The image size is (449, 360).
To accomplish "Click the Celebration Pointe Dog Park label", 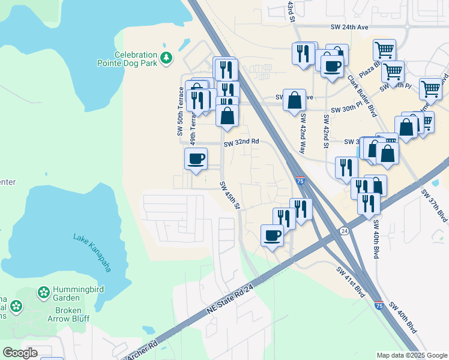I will [128, 58].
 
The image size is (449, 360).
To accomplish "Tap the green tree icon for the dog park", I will [166, 58].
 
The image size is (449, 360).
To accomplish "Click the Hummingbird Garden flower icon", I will [43, 293].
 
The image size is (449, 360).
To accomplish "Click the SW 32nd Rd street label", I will [241, 142].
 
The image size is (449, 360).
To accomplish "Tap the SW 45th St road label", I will [230, 196].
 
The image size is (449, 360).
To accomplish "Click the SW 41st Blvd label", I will [351, 282].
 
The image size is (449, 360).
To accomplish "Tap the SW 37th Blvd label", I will [434, 205].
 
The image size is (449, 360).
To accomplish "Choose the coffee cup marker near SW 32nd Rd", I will [196, 159].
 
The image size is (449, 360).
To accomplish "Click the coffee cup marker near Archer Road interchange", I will [272, 235].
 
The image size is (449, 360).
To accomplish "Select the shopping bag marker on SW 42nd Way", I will [295, 100].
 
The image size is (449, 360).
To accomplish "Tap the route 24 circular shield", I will [344, 230].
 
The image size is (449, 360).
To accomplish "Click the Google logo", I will [20, 353].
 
